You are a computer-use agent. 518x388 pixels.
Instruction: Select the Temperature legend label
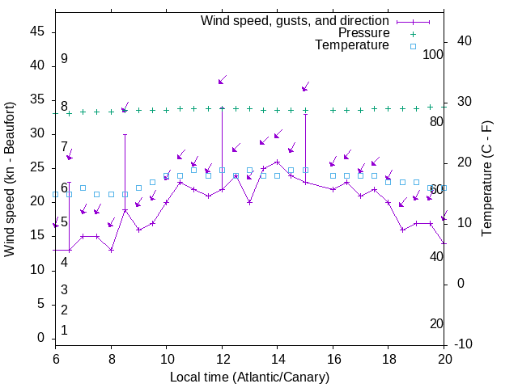click(352, 45)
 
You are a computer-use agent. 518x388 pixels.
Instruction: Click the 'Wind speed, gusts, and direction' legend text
click(295, 20)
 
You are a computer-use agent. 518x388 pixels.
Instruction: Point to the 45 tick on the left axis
click(37, 31)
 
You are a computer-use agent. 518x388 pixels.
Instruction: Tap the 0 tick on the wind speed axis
click(41, 338)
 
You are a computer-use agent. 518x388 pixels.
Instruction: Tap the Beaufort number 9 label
click(64, 59)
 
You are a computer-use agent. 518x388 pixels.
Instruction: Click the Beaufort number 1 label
click(64, 330)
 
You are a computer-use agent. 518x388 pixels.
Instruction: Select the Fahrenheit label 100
click(434, 54)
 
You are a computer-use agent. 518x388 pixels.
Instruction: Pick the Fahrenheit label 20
click(437, 323)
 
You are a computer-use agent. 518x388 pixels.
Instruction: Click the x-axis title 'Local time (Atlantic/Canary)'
click(249, 377)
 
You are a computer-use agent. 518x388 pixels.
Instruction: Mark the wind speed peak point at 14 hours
click(277, 162)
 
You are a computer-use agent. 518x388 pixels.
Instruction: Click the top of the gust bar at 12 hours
click(222, 108)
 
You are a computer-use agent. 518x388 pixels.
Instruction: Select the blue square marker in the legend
click(413, 46)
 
